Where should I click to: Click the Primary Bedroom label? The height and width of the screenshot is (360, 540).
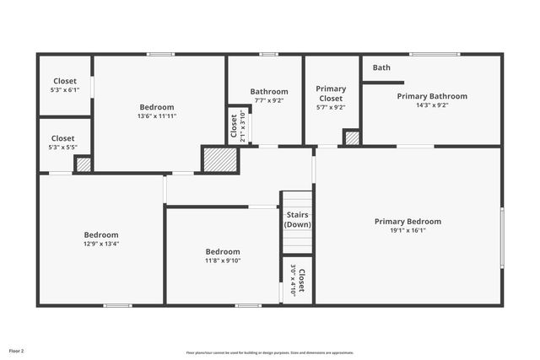(408, 222)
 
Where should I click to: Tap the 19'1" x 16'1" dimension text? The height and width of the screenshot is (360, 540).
(408, 230)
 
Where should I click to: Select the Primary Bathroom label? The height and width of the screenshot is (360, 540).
(432, 96)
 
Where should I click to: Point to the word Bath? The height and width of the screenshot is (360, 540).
(381, 67)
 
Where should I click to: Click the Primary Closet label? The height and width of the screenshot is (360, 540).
(331, 89)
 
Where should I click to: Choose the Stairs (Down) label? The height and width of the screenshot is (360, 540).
(296, 219)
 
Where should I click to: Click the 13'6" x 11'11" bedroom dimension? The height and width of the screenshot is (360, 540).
(157, 116)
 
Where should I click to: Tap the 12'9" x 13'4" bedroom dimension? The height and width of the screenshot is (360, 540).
(100, 244)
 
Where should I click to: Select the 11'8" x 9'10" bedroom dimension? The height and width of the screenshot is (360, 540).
(223, 261)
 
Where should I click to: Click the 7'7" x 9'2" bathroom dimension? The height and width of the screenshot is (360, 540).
(268, 100)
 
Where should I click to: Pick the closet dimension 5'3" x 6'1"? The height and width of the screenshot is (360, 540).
(64, 89)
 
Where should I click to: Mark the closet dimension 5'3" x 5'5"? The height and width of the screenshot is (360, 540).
(62, 147)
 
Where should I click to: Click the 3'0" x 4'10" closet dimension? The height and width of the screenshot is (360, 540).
(294, 281)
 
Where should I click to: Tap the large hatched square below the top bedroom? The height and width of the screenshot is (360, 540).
(219, 159)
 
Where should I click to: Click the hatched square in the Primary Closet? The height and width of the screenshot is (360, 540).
(352, 137)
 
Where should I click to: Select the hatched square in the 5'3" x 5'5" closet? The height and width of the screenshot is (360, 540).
(83, 164)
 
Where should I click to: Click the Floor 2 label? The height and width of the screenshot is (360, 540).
(17, 350)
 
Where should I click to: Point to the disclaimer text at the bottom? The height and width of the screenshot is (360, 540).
(270, 352)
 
